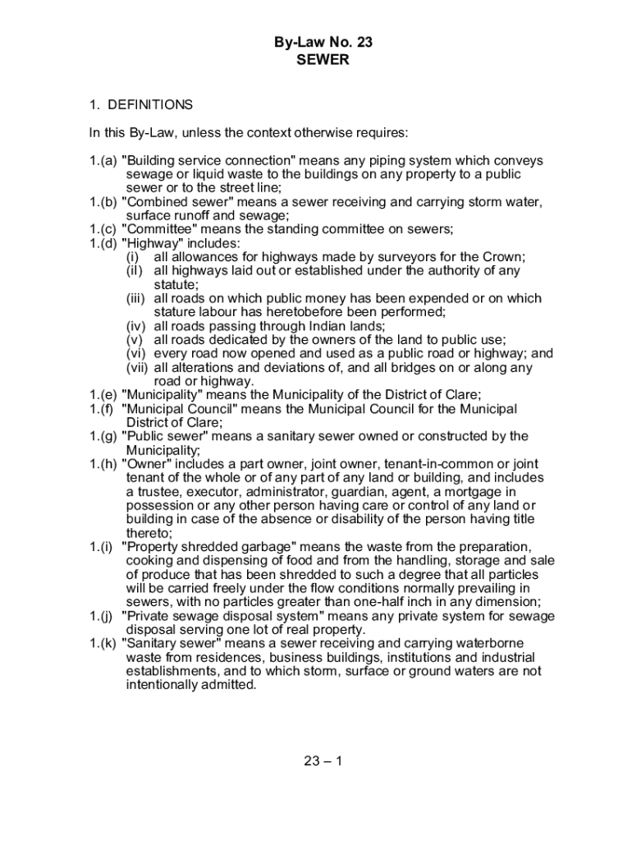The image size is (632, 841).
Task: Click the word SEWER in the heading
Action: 316,59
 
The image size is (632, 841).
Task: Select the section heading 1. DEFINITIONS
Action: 141,105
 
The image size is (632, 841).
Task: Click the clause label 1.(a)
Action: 103,161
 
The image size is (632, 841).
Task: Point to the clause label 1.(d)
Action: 103,243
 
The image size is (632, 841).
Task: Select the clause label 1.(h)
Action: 103,464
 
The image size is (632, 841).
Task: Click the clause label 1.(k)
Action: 103,643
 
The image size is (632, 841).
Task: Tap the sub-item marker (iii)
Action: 137,299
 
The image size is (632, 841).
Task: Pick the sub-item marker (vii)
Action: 138,368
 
